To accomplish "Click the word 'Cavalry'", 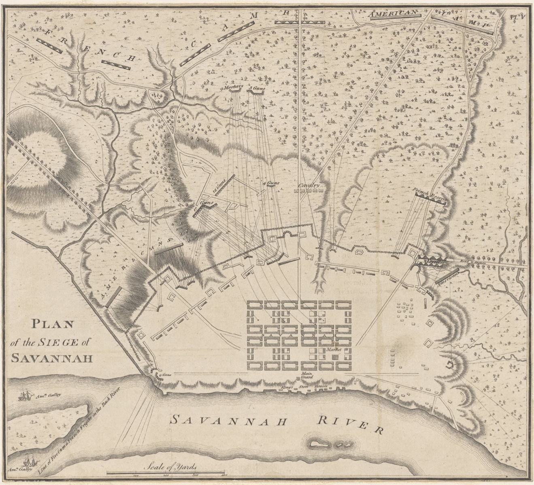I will (309, 186).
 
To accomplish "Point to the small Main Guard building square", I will (299, 379).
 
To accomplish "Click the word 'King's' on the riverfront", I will (287, 387).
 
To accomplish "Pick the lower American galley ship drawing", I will (29, 460).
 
